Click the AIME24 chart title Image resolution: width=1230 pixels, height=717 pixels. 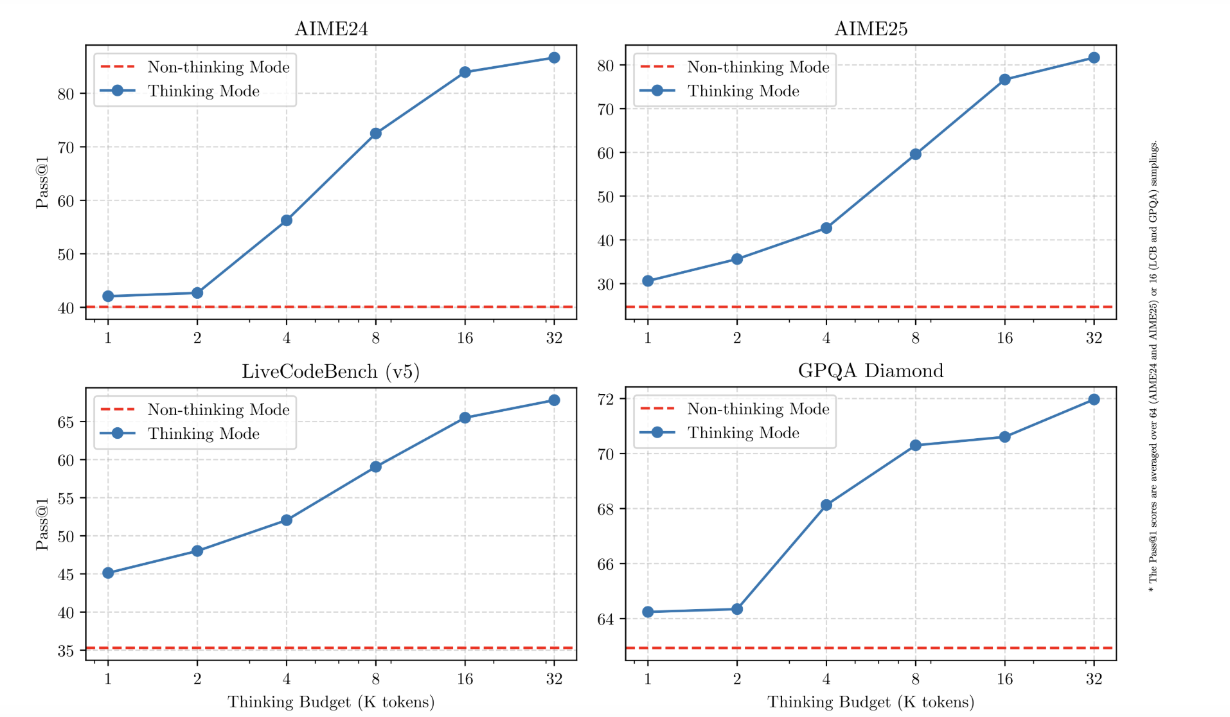click(331, 29)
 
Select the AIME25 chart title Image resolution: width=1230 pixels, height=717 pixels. click(871, 29)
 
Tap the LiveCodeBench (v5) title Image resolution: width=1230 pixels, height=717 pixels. click(330, 371)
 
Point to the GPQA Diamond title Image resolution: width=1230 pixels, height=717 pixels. click(871, 371)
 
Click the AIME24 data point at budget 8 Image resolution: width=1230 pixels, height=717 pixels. click(376, 134)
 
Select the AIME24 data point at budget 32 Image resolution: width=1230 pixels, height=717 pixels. click(554, 58)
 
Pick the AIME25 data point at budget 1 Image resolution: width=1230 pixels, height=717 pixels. click(648, 281)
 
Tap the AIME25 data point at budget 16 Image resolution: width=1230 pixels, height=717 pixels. click(1005, 80)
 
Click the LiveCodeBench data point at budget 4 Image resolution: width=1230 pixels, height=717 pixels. click(287, 520)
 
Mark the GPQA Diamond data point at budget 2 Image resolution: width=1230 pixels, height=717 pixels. click(737, 609)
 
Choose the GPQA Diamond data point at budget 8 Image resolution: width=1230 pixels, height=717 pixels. click(916, 445)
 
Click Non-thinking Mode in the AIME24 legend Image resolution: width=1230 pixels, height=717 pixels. click(218, 67)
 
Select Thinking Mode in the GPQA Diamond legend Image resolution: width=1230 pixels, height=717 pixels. click(744, 433)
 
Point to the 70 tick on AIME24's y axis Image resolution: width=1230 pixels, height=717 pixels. click(66, 147)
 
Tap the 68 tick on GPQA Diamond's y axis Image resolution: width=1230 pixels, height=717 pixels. click(605, 509)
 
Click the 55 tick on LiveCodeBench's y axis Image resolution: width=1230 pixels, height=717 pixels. click(66, 498)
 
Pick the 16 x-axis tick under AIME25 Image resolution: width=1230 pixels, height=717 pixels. click(1005, 338)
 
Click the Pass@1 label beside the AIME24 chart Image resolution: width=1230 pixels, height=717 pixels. click(42, 182)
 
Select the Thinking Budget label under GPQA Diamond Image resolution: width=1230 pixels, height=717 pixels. click(871, 702)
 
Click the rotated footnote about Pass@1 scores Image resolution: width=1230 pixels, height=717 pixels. click(1154, 366)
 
